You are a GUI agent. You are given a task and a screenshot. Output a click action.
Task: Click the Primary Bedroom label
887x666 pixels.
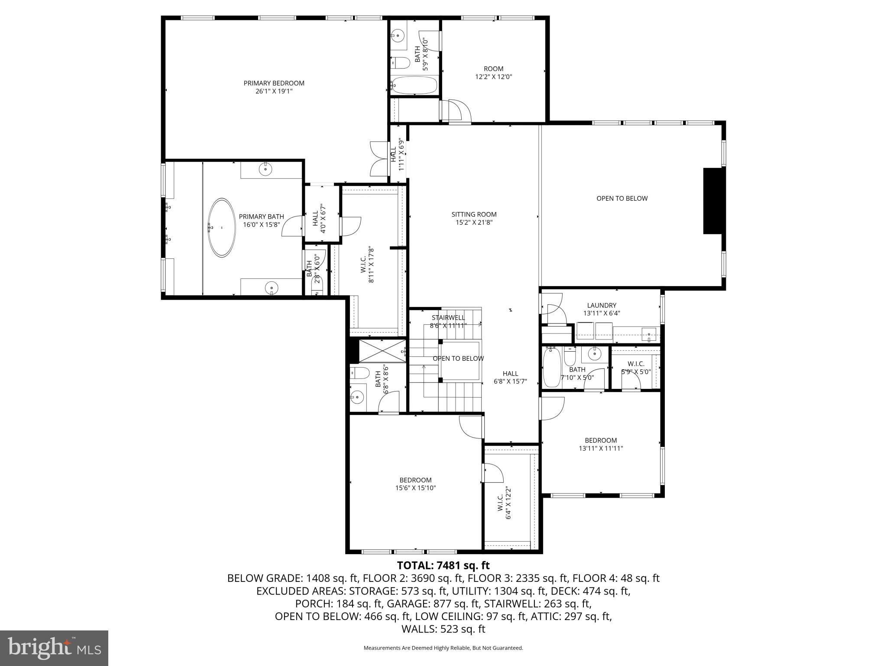(x=274, y=83)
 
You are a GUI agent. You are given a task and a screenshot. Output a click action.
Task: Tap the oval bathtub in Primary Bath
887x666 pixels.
(x=222, y=228)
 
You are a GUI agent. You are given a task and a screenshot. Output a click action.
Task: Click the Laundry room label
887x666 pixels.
(x=602, y=305)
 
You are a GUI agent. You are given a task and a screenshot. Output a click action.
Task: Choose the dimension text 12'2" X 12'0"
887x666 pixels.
(x=493, y=77)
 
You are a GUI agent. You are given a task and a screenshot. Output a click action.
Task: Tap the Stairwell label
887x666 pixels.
(x=448, y=317)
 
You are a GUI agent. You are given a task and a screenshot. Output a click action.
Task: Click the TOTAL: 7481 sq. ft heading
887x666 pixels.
(x=443, y=565)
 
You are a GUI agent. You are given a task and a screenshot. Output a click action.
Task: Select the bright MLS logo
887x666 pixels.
(x=54, y=648)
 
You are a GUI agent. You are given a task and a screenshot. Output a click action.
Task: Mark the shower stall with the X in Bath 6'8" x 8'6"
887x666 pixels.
(x=382, y=351)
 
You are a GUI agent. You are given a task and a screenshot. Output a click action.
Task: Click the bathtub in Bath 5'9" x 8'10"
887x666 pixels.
(x=414, y=85)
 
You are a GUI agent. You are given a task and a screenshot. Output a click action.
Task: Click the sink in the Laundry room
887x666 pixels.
(x=648, y=335)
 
